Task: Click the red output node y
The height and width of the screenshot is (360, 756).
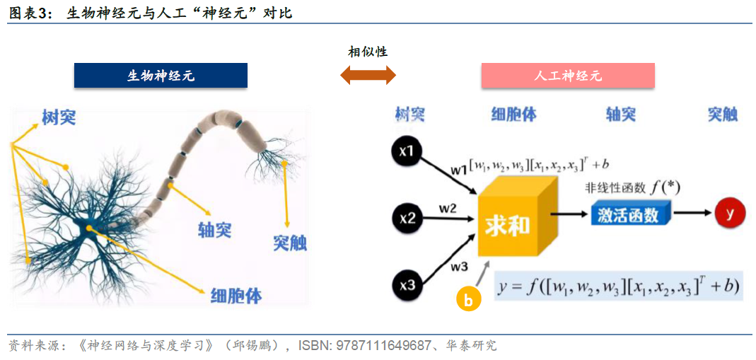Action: [730, 212]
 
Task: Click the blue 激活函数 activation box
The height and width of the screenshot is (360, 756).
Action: [628, 214]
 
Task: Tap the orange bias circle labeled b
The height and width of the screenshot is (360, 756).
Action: [467, 300]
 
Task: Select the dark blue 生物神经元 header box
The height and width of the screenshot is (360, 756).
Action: [161, 76]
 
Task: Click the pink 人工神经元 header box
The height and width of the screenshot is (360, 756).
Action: [568, 76]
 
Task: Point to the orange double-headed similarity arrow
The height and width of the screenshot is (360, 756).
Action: [368, 74]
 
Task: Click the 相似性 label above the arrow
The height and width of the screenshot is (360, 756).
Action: [368, 52]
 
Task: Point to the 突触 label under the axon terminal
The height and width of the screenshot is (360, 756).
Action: [290, 243]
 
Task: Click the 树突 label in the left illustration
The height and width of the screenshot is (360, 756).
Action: [58, 117]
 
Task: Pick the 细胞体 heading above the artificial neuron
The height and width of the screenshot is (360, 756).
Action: [513, 115]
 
